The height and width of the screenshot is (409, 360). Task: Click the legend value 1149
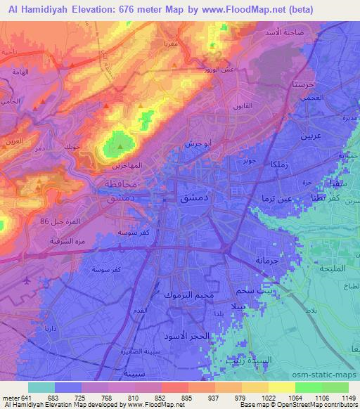point(349,398)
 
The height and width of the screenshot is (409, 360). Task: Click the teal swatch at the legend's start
point(41,387)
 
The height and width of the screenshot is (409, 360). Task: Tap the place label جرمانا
point(267,260)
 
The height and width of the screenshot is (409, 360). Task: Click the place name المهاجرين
point(126,167)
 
